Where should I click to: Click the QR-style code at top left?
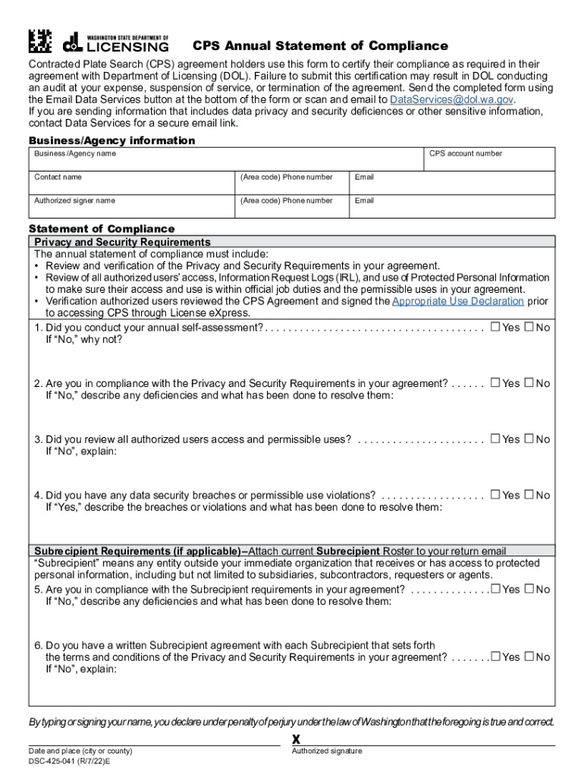tap(39, 40)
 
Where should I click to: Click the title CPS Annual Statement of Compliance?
tap(319, 46)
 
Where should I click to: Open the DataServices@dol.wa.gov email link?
tap(451, 99)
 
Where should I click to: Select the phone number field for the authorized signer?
tap(291, 206)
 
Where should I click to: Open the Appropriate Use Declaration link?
tap(457, 301)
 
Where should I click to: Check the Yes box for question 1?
tap(495, 327)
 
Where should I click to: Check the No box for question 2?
tap(529, 383)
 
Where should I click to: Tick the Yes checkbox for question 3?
tap(495, 439)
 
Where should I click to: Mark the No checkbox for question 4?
tap(529, 495)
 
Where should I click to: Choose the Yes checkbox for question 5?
tap(495, 589)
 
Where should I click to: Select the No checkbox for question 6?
tap(529, 657)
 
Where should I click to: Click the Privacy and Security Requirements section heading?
tap(123, 242)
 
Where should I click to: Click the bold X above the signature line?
tap(297, 740)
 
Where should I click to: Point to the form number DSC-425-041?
tap(69, 760)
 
